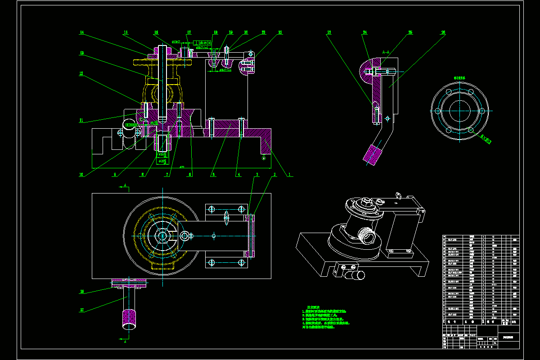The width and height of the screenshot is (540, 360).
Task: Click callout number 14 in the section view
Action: [82, 32]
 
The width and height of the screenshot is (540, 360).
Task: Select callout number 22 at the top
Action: [280, 32]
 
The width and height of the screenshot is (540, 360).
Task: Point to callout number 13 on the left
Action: [82, 53]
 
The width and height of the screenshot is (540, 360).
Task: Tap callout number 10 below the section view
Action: [82, 175]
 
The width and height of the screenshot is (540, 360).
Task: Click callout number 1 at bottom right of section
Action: [289, 175]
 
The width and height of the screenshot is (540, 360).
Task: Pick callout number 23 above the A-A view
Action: [329, 32]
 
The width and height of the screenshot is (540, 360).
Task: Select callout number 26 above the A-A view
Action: [443, 32]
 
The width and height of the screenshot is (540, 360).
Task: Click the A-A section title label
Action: [385, 52]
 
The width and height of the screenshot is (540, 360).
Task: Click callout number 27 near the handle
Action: [82, 310]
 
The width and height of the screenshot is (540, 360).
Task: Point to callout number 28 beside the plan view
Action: [82, 292]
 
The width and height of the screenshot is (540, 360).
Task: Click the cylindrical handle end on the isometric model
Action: [359, 275]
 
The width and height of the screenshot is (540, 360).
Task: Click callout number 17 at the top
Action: [189, 32]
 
